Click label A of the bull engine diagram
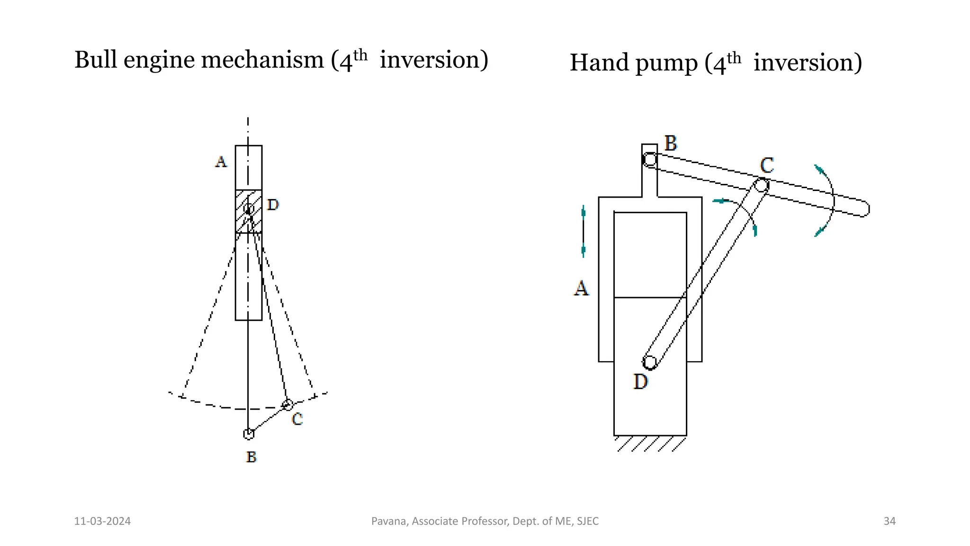(221, 162)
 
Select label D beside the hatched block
(273, 205)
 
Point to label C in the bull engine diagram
(297, 419)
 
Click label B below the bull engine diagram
(251, 457)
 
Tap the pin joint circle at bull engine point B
(249, 434)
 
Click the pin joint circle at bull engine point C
(287, 405)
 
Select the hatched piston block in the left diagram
(249, 211)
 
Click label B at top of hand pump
(671, 143)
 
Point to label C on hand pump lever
(767, 165)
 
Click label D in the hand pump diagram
(640, 382)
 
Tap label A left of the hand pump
(581, 288)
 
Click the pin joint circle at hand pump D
(650, 363)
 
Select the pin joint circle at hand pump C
(761, 185)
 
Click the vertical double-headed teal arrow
(583, 231)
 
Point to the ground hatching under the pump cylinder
(651, 444)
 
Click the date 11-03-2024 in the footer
(102, 521)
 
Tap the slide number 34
(889, 521)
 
